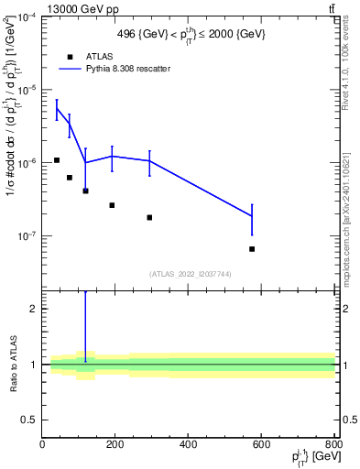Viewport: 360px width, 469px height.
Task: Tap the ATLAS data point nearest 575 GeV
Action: [x=252, y=249]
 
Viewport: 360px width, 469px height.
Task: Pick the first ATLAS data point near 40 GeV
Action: [x=57, y=160]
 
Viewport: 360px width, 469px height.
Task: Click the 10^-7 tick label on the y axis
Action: [x=25, y=235]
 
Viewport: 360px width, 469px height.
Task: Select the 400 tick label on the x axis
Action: [x=188, y=445]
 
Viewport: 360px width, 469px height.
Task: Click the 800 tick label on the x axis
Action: [x=333, y=445]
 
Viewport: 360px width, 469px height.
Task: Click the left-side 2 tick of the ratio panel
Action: [x=36, y=309]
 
